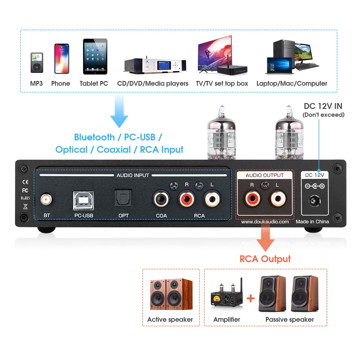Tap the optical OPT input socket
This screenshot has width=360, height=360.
tap(123, 199)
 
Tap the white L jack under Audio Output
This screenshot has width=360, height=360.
tap(278, 199)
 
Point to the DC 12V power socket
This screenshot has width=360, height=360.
tap(315, 201)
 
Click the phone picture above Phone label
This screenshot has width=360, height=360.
tap(61, 58)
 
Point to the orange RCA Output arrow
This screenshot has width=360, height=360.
tap(265, 239)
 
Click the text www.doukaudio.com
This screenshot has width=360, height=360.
tap(265, 222)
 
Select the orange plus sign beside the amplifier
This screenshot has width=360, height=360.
tap(250, 299)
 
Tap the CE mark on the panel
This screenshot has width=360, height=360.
tap(25, 182)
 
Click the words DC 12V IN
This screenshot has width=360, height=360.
tap(323, 106)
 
